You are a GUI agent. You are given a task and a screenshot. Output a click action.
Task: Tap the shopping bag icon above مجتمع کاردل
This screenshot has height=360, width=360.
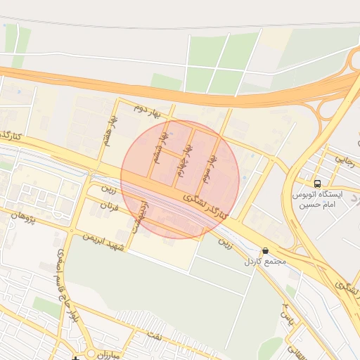(265, 250)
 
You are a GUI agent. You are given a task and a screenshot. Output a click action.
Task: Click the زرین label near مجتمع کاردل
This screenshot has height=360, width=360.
(224, 243)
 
